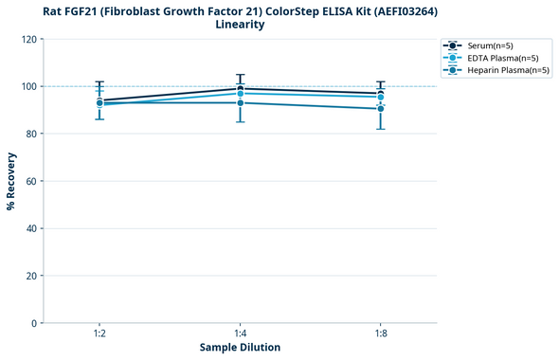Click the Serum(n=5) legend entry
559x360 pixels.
(x=489, y=45)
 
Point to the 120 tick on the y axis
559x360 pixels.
(x=30, y=40)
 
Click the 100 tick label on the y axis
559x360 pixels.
(x=30, y=87)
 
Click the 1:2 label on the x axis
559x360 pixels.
(x=99, y=334)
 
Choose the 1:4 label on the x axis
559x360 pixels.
(x=240, y=334)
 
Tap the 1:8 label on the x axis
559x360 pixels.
(x=380, y=334)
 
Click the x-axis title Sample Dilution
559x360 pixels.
(x=240, y=348)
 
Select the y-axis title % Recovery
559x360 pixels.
(x=11, y=181)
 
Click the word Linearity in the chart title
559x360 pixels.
(x=240, y=25)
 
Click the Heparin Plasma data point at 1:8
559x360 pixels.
(x=380, y=109)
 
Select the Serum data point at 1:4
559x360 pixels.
(x=240, y=89)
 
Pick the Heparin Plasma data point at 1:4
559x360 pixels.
(x=240, y=102)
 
